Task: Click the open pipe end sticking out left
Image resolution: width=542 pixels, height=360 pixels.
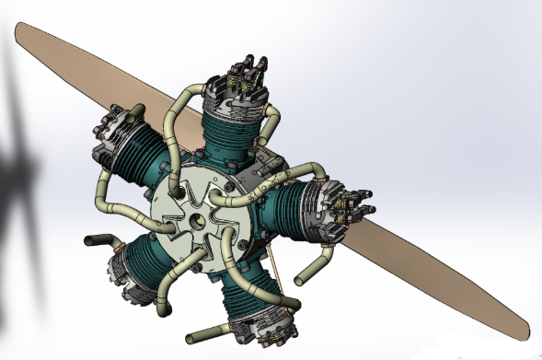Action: click(91, 242)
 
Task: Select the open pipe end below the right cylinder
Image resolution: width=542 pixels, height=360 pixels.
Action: click(300, 274)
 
